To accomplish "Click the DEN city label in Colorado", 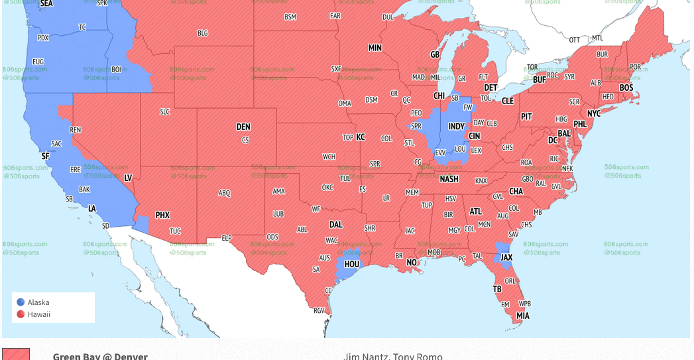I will click(x=243, y=127).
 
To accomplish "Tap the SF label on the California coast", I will click(x=45, y=156).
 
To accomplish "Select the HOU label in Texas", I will click(x=352, y=264).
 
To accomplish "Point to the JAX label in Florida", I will click(x=506, y=257).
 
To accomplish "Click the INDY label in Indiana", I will click(x=456, y=127).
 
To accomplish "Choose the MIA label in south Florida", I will click(x=523, y=316).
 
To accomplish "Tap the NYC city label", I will click(x=593, y=114).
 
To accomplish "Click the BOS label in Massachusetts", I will click(x=626, y=88).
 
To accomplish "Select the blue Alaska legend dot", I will click(x=21, y=302).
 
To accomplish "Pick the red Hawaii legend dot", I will click(x=21, y=314).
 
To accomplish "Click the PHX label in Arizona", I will click(x=162, y=215).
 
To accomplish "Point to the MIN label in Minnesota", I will click(x=375, y=48).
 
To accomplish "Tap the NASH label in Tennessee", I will click(x=449, y=179).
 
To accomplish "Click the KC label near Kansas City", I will click(x=361, y=137).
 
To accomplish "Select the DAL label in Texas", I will click(x=335, y=225).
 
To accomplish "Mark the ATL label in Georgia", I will click(x=475, y=211).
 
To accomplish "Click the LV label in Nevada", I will click(x=128, y=178).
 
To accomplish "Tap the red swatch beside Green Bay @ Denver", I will click(x=15, y=355).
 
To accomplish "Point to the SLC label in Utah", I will click(x=164, y=112).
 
